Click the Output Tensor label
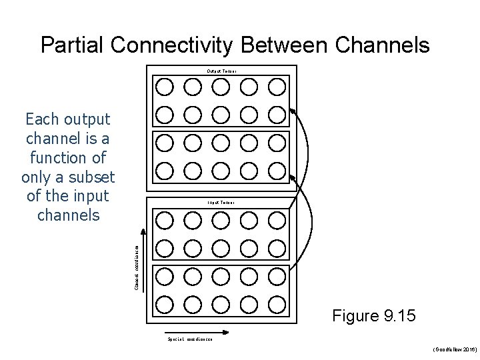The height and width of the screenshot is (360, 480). [x=221, y=71]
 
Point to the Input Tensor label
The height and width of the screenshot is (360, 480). [x=221, y=201]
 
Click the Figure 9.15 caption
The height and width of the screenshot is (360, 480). [x=374, y=315]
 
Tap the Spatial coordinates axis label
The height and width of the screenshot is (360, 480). [x=190, y=339]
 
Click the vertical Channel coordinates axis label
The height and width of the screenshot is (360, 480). [x=137, y=267]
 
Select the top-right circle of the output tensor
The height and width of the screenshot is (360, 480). [x=277, y=86]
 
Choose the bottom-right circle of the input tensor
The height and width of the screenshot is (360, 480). [x=277, y=305]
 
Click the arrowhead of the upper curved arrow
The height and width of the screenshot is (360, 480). [x=295, y=115]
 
